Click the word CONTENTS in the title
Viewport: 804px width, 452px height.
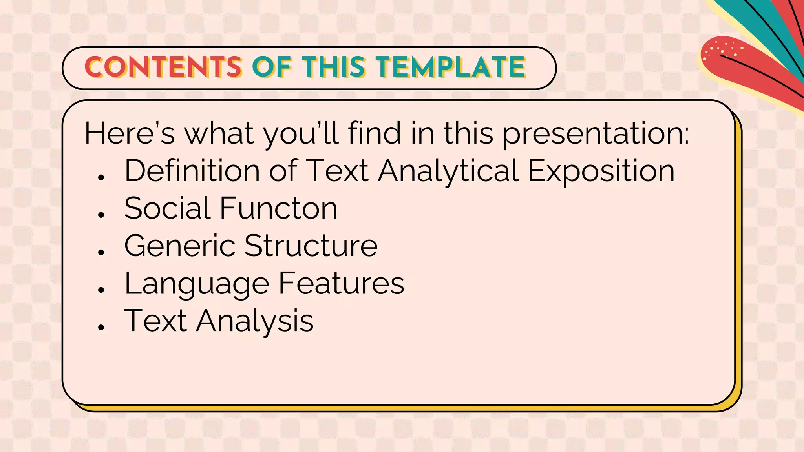(163, 67)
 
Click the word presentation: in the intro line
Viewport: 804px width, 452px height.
(596, 133)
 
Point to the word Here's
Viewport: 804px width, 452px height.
(130, 133)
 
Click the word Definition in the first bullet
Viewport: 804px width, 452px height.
(192, 171)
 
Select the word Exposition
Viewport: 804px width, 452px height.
(601, 171)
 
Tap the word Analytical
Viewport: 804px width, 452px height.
(448, 171)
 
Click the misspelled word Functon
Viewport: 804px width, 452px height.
(278, 208)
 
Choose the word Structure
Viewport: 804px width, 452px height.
(311, 246)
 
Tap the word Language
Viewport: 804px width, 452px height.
(197, 284)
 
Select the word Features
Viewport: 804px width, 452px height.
(341, 283)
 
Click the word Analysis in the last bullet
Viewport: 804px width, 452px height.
(255, 321)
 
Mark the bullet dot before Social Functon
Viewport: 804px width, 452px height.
(101, 214)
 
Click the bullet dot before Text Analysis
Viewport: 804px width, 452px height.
(101, 327)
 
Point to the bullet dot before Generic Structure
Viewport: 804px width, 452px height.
(101, 252)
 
